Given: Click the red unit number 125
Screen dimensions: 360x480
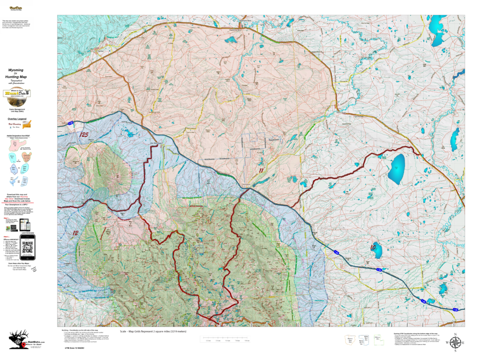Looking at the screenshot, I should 84,135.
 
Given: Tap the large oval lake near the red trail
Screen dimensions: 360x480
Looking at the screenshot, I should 396,168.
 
